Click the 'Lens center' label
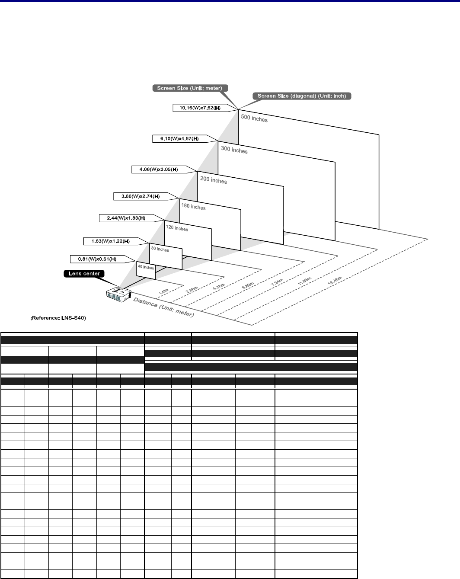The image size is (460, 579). pos(84,273)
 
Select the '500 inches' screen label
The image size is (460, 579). pos(254,118)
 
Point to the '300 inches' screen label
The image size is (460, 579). pos(234,150)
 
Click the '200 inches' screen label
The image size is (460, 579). pos(214,180)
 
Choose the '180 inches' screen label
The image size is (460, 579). pos(193,207)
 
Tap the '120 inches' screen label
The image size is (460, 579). pos(177,228)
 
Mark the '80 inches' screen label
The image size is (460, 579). pos(160,250)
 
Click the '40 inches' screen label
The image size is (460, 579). pos(146,267)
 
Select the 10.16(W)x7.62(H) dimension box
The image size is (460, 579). pos(200,108)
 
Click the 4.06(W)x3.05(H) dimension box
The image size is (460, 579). pos(159,169)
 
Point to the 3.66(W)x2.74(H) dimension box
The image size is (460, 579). pos(140,196)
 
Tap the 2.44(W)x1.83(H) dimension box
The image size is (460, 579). pos(126,218)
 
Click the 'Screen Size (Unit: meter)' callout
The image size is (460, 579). pos(189,88)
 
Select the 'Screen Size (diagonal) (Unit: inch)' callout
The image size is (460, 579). pos(302,96)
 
